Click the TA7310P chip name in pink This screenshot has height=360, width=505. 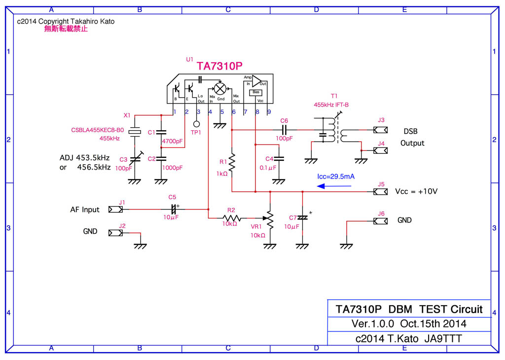click(220, 66)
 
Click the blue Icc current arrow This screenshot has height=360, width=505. click(334, 186)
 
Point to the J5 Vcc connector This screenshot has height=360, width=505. click(380, 192)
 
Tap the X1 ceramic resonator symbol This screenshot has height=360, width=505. click(134, 132)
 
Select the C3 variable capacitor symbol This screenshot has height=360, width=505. click(134, 159)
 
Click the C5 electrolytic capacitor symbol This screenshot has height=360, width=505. click(173, 210)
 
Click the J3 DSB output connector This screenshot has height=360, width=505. click(380, 130)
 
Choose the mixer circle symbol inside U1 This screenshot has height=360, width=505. click(221, 88)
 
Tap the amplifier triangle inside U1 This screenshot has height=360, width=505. click(257, 81)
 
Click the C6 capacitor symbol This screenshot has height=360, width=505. click(284, 130)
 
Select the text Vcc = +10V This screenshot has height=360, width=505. click(416, 192)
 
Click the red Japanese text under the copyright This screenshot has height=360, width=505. click(66, 29)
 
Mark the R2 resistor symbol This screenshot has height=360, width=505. click(231, 217)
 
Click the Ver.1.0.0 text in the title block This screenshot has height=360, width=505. click(373, 324)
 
